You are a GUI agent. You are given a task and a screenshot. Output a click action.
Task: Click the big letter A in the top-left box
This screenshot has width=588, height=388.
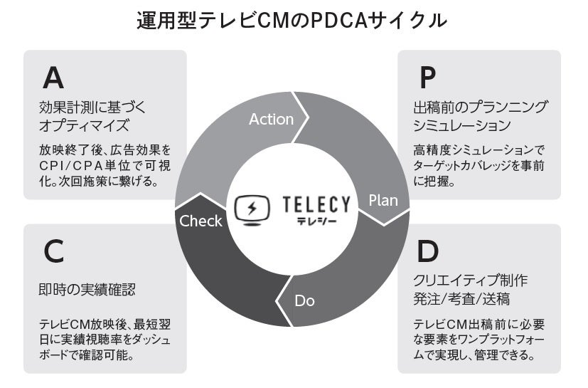[54, 76]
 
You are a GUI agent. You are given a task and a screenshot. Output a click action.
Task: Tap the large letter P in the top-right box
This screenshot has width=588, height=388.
[427, 76]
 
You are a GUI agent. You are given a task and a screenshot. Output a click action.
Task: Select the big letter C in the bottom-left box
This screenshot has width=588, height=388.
[53, 251]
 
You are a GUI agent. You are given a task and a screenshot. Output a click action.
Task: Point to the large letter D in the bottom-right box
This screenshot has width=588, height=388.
[427, 251]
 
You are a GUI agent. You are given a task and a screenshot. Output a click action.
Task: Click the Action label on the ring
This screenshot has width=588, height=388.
[271, 119]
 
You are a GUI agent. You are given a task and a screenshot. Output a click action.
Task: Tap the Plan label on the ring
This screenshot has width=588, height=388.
[383, 200]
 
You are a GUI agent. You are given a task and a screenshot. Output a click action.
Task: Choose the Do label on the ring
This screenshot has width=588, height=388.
[304, 300]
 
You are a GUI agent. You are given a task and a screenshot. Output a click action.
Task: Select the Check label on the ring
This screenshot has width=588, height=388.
[201, 221]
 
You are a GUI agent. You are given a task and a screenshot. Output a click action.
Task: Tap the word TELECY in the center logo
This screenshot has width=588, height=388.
[316, 205]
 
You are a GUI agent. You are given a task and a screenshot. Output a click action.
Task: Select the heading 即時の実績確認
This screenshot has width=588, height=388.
[87, 290]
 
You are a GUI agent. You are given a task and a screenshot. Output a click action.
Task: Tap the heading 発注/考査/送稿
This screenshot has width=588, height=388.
[461, 298]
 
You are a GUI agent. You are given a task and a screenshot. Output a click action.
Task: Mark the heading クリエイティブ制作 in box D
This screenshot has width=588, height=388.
[470, 280]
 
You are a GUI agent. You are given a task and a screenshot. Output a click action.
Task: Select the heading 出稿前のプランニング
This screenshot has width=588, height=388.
[480, 108]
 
